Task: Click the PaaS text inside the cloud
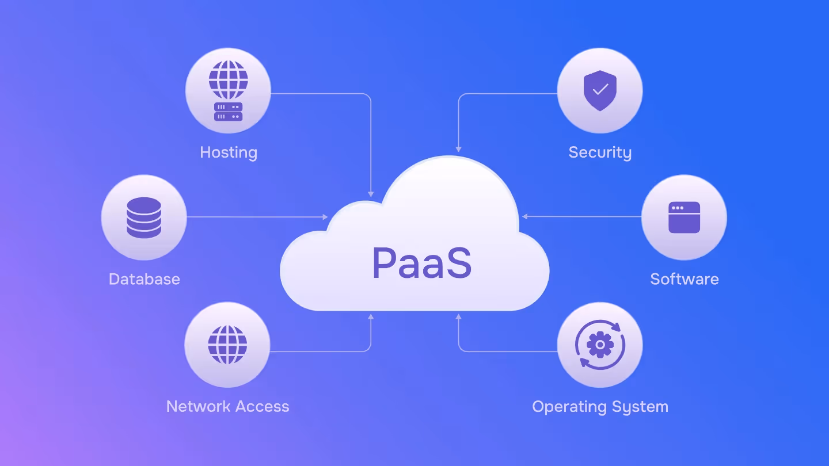point(422,263)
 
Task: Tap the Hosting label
point(229,152)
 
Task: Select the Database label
point(144,279)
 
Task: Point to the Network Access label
point(227,406)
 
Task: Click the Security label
point(600,152)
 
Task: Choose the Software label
point(685,279)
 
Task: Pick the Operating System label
point(600,406)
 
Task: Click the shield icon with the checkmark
point(600,90)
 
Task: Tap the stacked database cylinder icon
point(144,217)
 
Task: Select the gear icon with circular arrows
point(600,344)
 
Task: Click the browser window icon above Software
point(684,217)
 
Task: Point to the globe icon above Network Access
point(227,344)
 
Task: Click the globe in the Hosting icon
point(229,80)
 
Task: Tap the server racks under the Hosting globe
point(229,112)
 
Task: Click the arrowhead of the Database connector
point(325,217)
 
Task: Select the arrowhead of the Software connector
point(525,217)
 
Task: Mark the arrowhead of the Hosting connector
point(371,194)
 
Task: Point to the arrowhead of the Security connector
point(458,149)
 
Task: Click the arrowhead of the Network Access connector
point(371,316)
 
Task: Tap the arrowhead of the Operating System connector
point(458,316)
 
